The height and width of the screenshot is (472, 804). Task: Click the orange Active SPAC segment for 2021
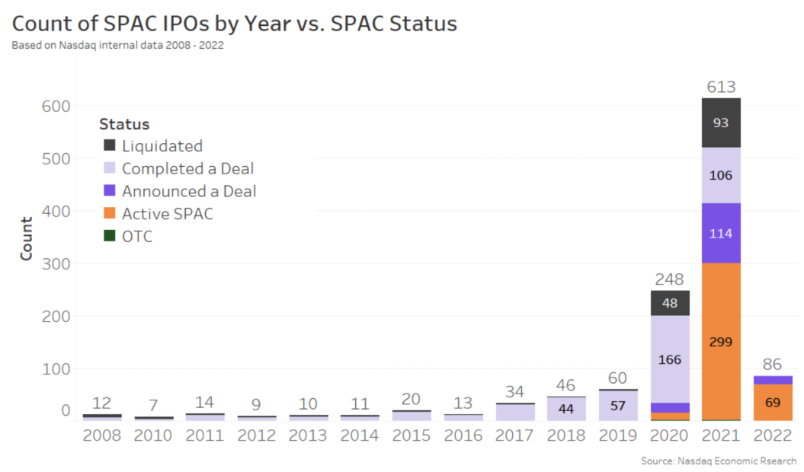(x=720, y=341)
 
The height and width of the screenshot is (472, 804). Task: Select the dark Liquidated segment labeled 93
(x=720, y=123)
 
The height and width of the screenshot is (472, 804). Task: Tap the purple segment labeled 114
(x=720, y=233)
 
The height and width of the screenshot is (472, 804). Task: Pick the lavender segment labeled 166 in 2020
(x=670, y=359)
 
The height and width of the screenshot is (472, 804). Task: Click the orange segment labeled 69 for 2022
(x=772, y=402)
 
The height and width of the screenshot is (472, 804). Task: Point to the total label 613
(x=720, y=87)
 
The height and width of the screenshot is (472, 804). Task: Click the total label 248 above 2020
(x=669, y=279)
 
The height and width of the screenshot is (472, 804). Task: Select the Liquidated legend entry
(x=162, y=146)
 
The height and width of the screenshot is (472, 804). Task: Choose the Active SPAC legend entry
(x=167, y=214)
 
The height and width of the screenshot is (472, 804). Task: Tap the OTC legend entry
(x=136, y=237)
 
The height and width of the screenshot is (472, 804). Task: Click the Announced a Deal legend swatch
(x=110, y=191)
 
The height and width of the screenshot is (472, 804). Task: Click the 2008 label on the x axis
(x=101, y=435)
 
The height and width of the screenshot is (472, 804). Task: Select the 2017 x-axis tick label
(x=514, y=435)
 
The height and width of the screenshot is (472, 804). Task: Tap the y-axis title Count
(x=27, y=238)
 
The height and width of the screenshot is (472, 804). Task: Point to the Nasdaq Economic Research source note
(x=719, y=461)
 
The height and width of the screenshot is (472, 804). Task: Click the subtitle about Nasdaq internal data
(x=117, y=45)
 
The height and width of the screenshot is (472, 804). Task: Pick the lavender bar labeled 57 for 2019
(x=618, y=406)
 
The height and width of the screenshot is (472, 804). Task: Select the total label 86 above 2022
(x=772, y=364)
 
